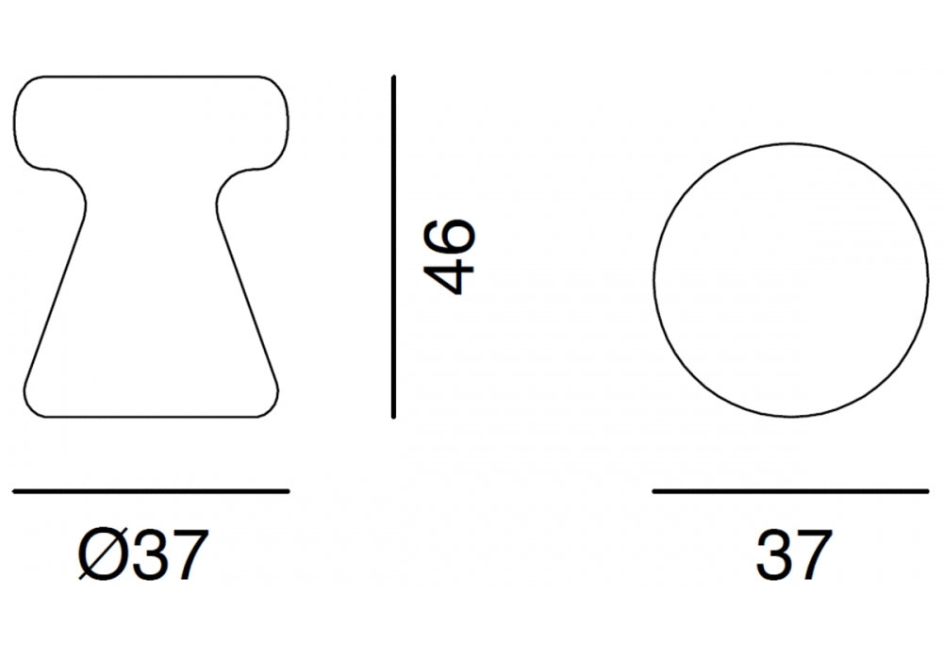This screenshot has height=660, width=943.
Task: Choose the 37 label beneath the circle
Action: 793,555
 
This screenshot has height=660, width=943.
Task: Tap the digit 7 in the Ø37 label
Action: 182,555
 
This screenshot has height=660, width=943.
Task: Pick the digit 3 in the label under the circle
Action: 773,555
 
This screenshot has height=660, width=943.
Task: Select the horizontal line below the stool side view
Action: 151,491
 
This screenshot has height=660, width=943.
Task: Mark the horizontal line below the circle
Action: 791,491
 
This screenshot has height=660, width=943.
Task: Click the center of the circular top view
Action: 791,279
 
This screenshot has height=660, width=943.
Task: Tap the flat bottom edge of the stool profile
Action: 151,416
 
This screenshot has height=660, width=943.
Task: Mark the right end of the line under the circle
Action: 927,491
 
